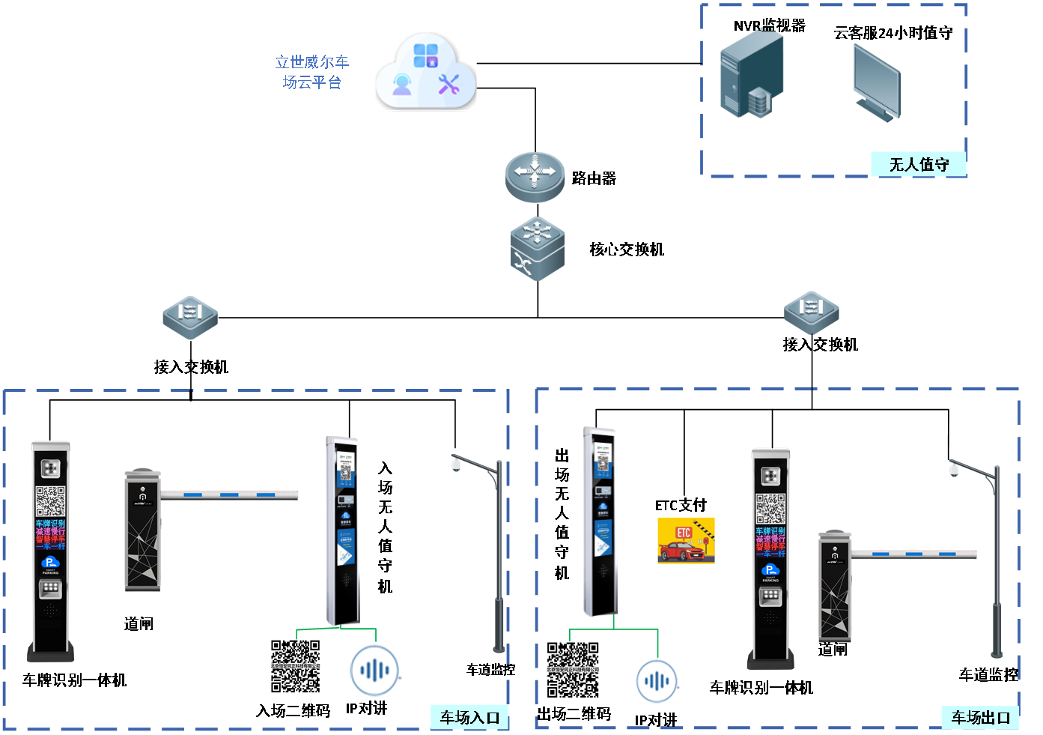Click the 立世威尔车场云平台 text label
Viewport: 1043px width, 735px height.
click(312, 72)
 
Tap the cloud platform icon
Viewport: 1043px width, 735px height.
click(425, 72)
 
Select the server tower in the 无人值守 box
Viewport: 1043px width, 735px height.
click(752, 73)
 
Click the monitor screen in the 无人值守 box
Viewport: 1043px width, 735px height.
click(877, 81)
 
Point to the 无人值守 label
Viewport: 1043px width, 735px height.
click(919, 165)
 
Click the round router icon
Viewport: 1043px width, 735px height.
click(535, 177)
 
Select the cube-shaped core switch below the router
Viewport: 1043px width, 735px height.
click(538, 249)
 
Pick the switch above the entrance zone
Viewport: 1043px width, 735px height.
click(190, 317)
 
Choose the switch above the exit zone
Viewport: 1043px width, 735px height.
click(812, 312)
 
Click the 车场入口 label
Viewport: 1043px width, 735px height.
click(469, 718)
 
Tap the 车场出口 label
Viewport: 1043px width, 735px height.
click(980, 718)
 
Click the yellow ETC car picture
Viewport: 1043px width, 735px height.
click(685, 541)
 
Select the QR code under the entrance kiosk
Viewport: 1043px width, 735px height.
click(295, 666)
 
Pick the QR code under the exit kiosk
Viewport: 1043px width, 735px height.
click(573, 670)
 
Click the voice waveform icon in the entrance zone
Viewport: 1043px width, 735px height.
click(375, 669)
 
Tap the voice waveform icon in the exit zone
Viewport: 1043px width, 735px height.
click(657, 680)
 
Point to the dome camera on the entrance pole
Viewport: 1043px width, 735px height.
click(456, 465)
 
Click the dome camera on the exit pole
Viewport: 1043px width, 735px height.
click(953, 471)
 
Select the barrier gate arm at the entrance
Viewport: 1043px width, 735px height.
click(229, 494)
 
